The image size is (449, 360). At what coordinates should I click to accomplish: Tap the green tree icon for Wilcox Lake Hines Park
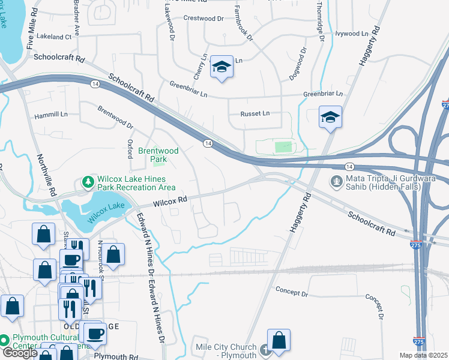click(88, 182)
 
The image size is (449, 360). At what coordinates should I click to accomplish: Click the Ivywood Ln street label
click(351, 34)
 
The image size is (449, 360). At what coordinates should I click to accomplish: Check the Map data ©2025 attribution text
click(423, 355)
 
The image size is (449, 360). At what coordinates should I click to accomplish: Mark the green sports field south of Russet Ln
click(282, 146)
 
